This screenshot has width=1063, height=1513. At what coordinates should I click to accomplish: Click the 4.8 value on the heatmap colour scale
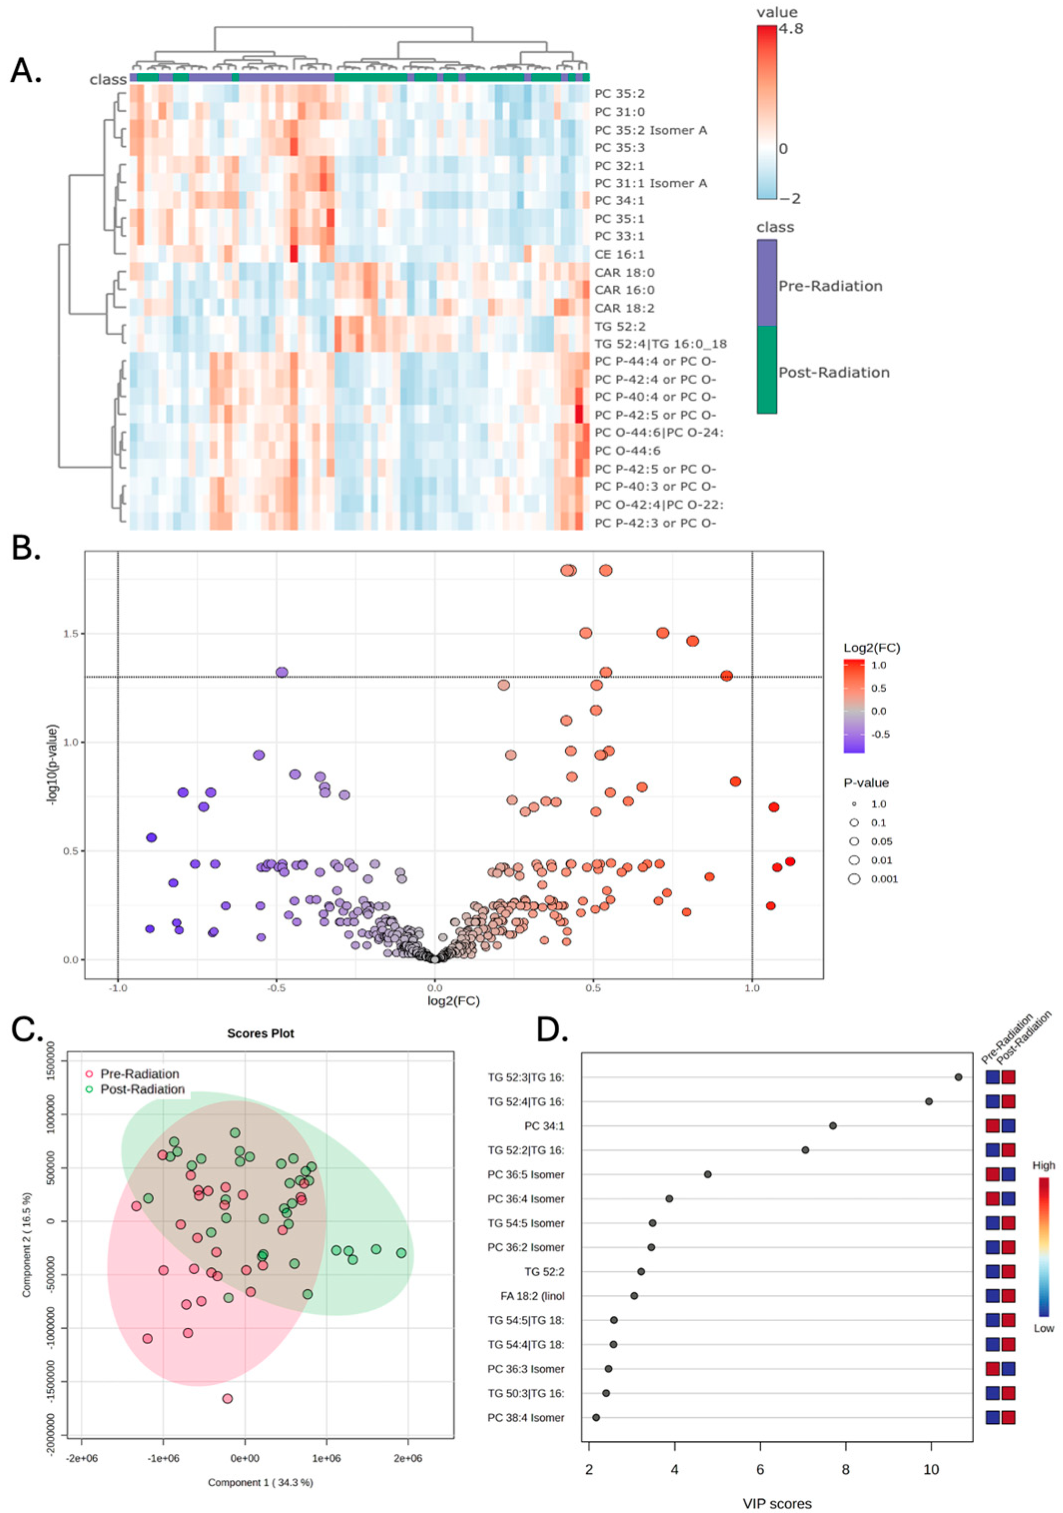pyautogui.click(x=790, y=28)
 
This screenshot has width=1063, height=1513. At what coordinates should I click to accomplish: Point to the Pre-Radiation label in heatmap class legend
pyautogui.click(x=830, y=286)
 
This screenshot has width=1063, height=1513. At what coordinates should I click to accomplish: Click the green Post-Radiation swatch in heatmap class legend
pyautogui.click(x=766, y=371)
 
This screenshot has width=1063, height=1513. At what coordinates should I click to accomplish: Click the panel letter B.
pyautogui.click(x=25, y=548)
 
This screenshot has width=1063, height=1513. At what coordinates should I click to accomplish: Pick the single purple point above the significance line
pyautogui.click(x=282, y=672)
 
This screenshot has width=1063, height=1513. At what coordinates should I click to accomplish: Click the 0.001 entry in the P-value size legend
pyautogui.click(x=884, y=879)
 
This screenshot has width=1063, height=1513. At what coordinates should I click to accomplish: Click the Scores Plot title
pyautogui.click(x=260, y=1033)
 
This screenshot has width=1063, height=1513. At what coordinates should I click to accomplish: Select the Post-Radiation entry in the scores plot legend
pyautogui.click(x=142, y=1089)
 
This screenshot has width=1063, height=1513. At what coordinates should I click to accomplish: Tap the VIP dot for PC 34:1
pyautogui.click(x=833, y=1126)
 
